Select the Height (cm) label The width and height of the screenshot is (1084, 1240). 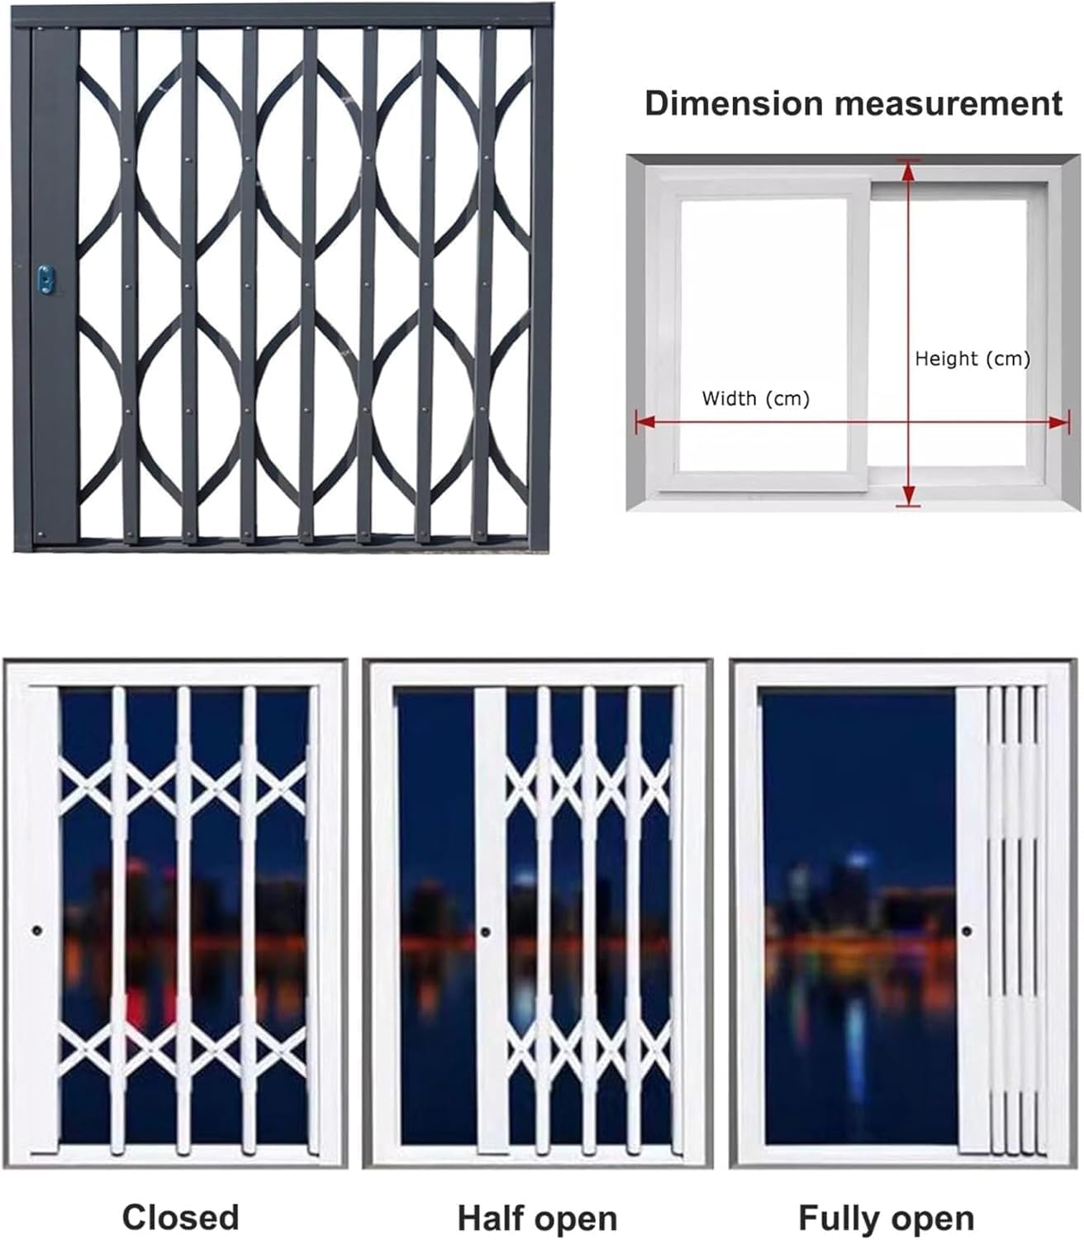click(972, 359)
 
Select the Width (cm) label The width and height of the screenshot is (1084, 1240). click(755, 398)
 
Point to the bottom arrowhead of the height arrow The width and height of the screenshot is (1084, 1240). click(909, 495)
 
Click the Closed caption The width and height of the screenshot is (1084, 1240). click(180, 1217)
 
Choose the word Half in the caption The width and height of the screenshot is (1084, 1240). click(493, 1218)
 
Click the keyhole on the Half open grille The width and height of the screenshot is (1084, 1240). click(485, 932)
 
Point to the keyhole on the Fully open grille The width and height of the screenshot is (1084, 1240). click(966, 932)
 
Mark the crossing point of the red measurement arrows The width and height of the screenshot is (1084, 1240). click(909, 422)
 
